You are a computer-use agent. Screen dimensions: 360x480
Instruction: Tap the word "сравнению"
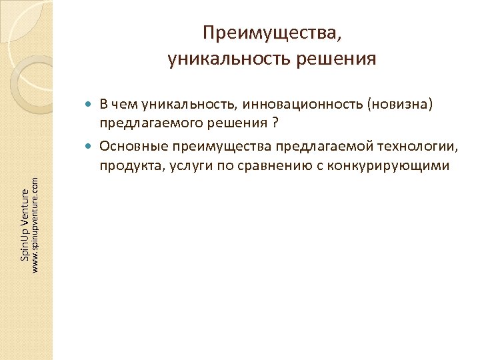click(x=259, y=165)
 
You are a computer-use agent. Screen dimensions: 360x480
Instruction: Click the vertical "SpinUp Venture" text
click(x=25, y=225)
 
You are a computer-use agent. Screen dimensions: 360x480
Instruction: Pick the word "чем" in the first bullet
click(x=123, y=104)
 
